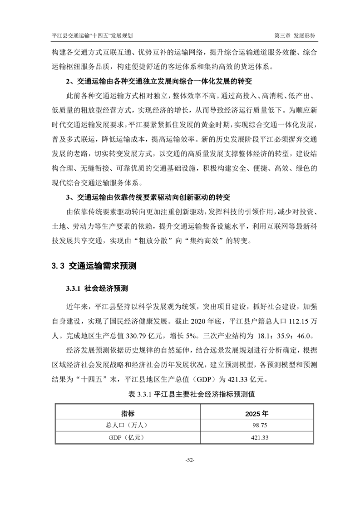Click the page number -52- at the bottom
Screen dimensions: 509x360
tap(190, 460)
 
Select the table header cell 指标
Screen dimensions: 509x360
tap(128, 413)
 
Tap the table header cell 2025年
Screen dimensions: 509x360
tap(256, 413)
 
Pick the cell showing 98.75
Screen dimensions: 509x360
tap(256, 425)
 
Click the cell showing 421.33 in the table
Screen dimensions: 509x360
tap(256, 437)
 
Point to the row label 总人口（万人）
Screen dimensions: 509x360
tap(128, 425)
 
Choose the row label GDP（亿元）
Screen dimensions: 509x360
tap(128, 437)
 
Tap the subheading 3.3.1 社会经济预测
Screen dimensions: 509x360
tap(97, 289)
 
